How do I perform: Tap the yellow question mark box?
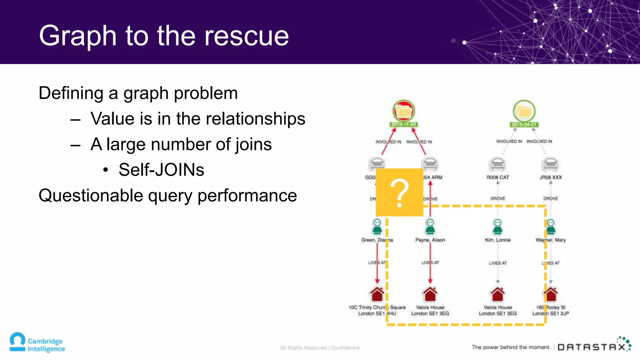399,192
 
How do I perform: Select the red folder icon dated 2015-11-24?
403,111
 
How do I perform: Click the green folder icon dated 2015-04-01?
524,111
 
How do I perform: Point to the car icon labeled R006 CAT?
497,164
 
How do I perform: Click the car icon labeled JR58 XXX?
550,164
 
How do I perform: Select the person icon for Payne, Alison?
430,227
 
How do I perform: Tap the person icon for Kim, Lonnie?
497,227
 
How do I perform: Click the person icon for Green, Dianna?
377,227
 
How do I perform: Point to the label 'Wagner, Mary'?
551,240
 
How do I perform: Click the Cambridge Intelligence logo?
37,342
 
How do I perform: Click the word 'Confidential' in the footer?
345,348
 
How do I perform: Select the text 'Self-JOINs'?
161,170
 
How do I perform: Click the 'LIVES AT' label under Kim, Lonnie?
498,263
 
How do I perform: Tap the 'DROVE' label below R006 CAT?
498,198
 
